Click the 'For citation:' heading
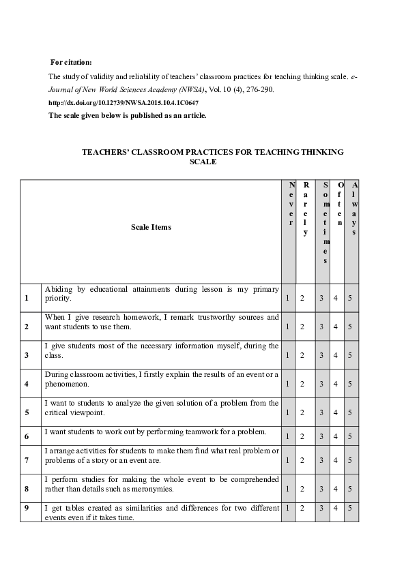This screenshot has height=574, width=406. pyautogui.click(x=76, y=63)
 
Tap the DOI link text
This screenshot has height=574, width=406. pyautogui.click(x=124, y=102)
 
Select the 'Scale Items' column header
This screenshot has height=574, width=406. pyautogui.click(x=151, y=227)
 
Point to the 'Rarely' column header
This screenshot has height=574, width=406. pyautogui.click(x=306, y=208)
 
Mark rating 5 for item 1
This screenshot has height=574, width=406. pyautogui.click(x=349, y=298)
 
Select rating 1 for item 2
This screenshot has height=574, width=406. pyautogui.click(x=288, y=327)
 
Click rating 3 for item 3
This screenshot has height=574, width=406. pyautogui.click(x=321, y=355)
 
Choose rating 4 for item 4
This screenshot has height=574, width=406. pyautogui.click(x=335, y=384)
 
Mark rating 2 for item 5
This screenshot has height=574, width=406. pyautogui.click(x=302, y=412)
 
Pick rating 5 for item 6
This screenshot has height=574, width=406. pyautogui.click(x=349, y=436)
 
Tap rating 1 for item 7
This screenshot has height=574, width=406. pyautogui.click(x=288, y=460)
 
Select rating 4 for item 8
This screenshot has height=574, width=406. pyautogui.click(x=335, y=489)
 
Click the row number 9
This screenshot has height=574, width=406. pyautogui.click(x=26, y=508)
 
